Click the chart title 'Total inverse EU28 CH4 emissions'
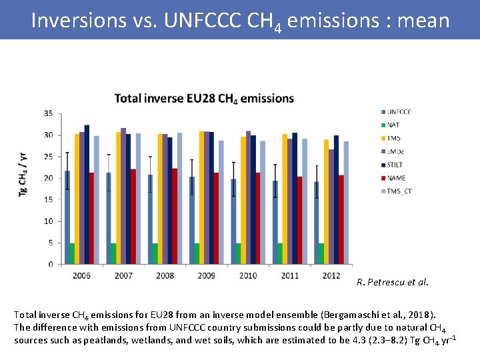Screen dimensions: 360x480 [x=204, y=99]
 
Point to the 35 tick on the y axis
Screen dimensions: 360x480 [x=48, y=113]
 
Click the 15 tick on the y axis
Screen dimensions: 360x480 [x=48, y=199]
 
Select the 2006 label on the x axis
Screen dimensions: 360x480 [x=82, y=275]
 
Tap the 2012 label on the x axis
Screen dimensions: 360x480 [x=331, y=275]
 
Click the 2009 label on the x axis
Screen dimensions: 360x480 [x=207, y=275]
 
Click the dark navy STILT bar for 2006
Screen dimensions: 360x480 [x=87, y=194]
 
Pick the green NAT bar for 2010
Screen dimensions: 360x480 [x=238, y=253]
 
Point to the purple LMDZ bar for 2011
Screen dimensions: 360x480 [x=290, y=201]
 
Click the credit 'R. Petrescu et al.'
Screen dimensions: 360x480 [x=393, y=282]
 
